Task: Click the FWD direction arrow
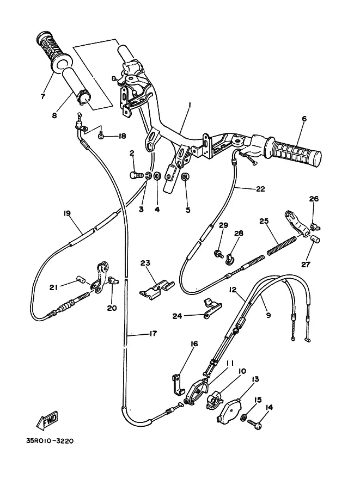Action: pos(47,421)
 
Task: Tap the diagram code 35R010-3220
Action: pos(50,441)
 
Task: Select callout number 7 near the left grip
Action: pos(43,96)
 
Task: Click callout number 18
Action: pos(122,136)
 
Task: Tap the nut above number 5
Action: pos(184,176)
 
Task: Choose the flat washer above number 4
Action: pos(157,176)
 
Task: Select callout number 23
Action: pos(145,263)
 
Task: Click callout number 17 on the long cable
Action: pos(153,334)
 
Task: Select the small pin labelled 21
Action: pos(82,279)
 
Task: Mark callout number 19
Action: pos(67,213)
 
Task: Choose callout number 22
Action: pos(260,189)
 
